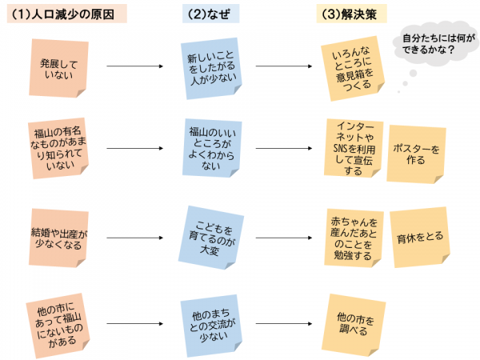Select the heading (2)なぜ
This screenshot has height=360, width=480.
[x=210, y=14]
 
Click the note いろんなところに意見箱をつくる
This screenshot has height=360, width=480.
[x=354, y=67]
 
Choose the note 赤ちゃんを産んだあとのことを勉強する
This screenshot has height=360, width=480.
[x=352, y=238]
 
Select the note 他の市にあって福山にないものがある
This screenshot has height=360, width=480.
[x=57, y=324]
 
